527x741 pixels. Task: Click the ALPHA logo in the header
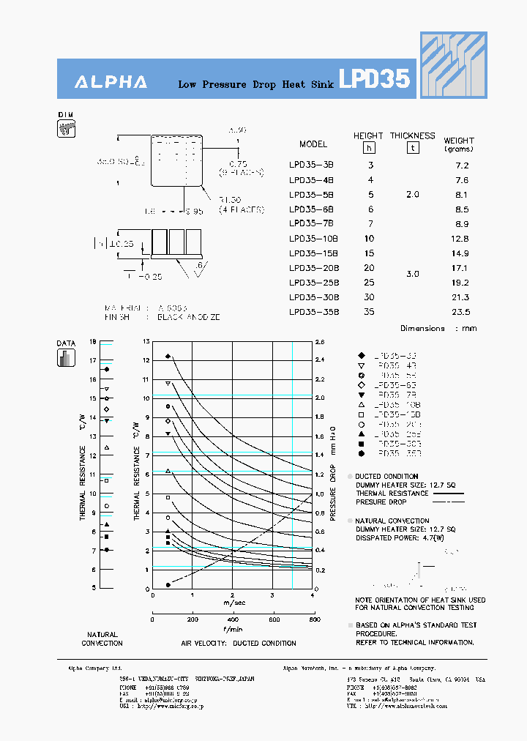tap(111, 82)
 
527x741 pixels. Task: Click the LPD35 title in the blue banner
tap(374, 79)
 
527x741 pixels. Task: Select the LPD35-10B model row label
tap(313, 239)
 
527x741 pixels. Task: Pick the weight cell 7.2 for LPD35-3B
tap(461, 165)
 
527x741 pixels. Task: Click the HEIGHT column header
tap(368, 135)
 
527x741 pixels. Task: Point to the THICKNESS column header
tap(412, 135)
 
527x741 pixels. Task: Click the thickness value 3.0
tap(413, 274)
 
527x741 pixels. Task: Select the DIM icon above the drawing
tap(66, 129)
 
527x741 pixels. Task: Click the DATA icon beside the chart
tap(66, 357)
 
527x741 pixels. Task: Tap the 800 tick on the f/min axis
tap(314, 619)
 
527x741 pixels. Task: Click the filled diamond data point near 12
tap(168, 357)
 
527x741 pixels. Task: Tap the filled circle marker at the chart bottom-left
tap(168, 584)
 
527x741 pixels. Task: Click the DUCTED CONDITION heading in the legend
tap(387, 477)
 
